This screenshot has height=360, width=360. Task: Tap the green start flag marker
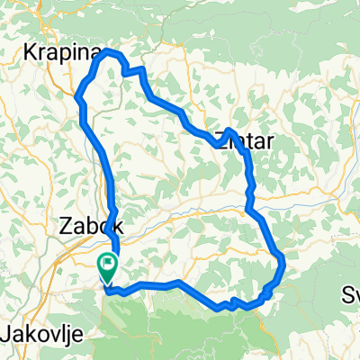point(107,265)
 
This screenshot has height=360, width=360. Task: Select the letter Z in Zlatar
point(220,139)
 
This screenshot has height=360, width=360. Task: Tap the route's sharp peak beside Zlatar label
point(221,130)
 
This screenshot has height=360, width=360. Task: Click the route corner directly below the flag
point(108,290)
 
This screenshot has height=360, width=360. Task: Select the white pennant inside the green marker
point(109,263)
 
